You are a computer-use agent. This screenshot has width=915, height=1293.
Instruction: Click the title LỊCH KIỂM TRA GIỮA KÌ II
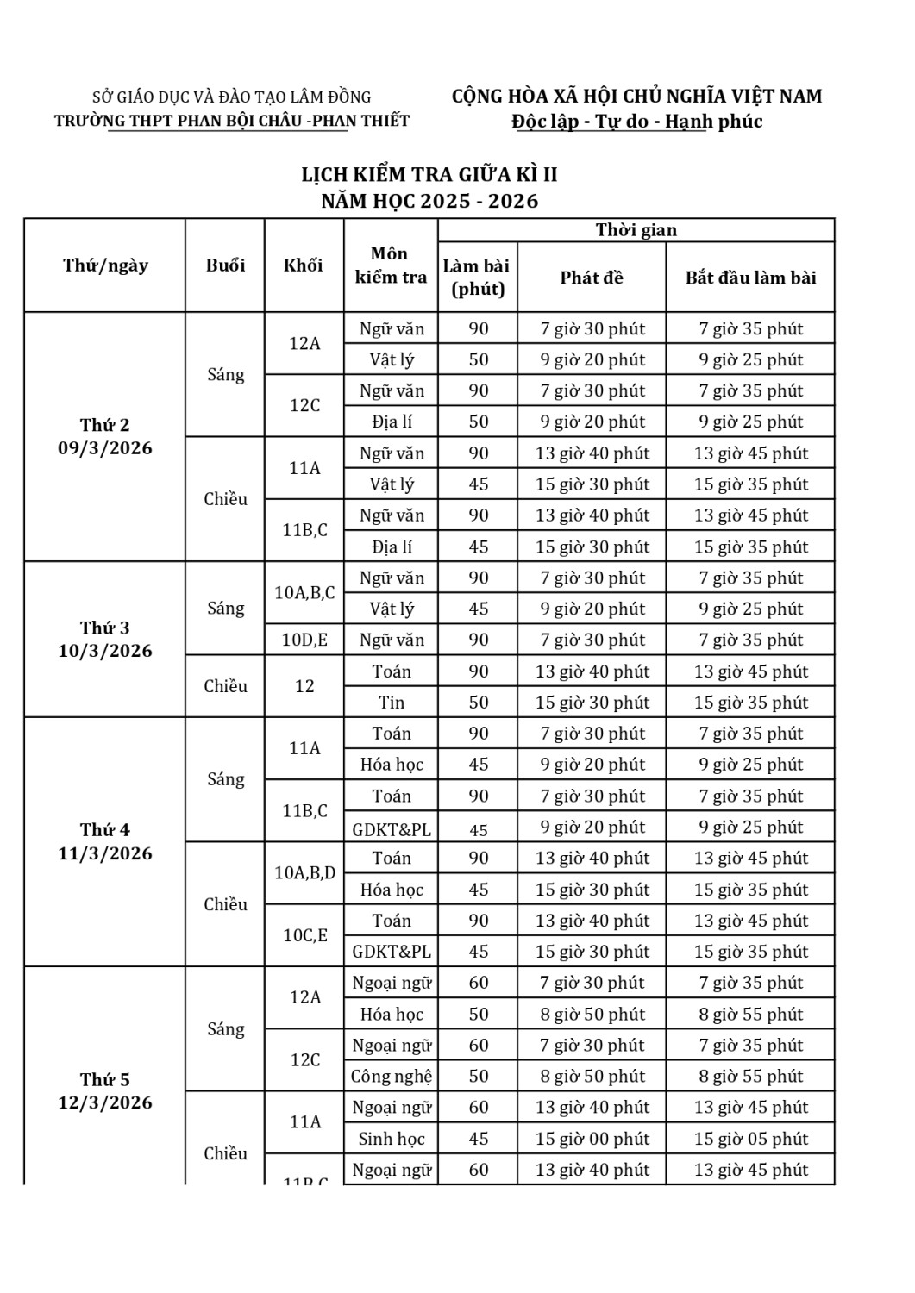point(429,175)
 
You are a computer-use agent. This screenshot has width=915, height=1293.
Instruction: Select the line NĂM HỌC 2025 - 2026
point(429,202)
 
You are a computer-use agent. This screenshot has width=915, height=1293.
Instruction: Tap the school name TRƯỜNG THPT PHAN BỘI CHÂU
point(232,121)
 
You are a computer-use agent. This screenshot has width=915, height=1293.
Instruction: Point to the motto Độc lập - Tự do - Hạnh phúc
point(636,122)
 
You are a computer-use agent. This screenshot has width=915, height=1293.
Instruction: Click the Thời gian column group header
point(636,230)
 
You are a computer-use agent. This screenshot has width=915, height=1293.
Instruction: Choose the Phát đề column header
point(591,278)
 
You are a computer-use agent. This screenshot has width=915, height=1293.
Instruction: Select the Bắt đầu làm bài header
point(750,278)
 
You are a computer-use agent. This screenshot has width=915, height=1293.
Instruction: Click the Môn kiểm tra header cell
point(391,265)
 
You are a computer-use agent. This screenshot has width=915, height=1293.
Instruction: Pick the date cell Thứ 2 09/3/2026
point(104,436)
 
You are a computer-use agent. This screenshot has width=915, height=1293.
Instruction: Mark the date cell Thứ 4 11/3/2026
point(104,841)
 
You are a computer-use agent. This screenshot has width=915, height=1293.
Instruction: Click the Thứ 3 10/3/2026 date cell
point(104,639)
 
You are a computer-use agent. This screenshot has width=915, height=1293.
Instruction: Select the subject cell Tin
point(392,703)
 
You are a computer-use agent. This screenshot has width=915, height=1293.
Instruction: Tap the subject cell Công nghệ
point(392,1077)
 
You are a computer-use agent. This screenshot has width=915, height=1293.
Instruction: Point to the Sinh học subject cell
point(392,1139)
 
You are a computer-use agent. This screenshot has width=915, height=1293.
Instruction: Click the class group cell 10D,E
point(304,640)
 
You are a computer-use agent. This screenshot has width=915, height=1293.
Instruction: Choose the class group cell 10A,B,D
point(304,873)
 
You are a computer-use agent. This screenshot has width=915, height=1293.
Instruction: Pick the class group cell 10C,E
point(304,935)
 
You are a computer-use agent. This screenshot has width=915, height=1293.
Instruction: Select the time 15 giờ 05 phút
point(750,1139)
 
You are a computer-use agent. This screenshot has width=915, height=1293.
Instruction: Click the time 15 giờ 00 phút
point(592,1139)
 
